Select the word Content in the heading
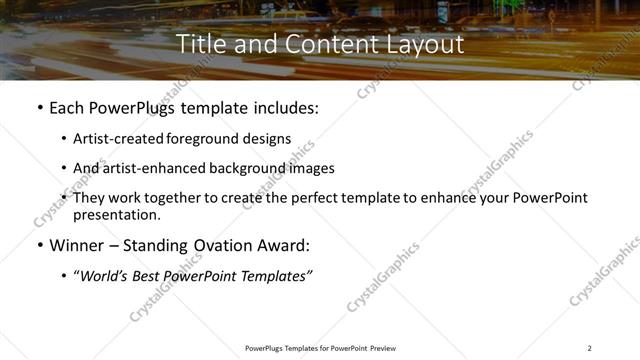[318, 45]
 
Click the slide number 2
[589, 348]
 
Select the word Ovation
[221, 244]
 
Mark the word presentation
[115, 215]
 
